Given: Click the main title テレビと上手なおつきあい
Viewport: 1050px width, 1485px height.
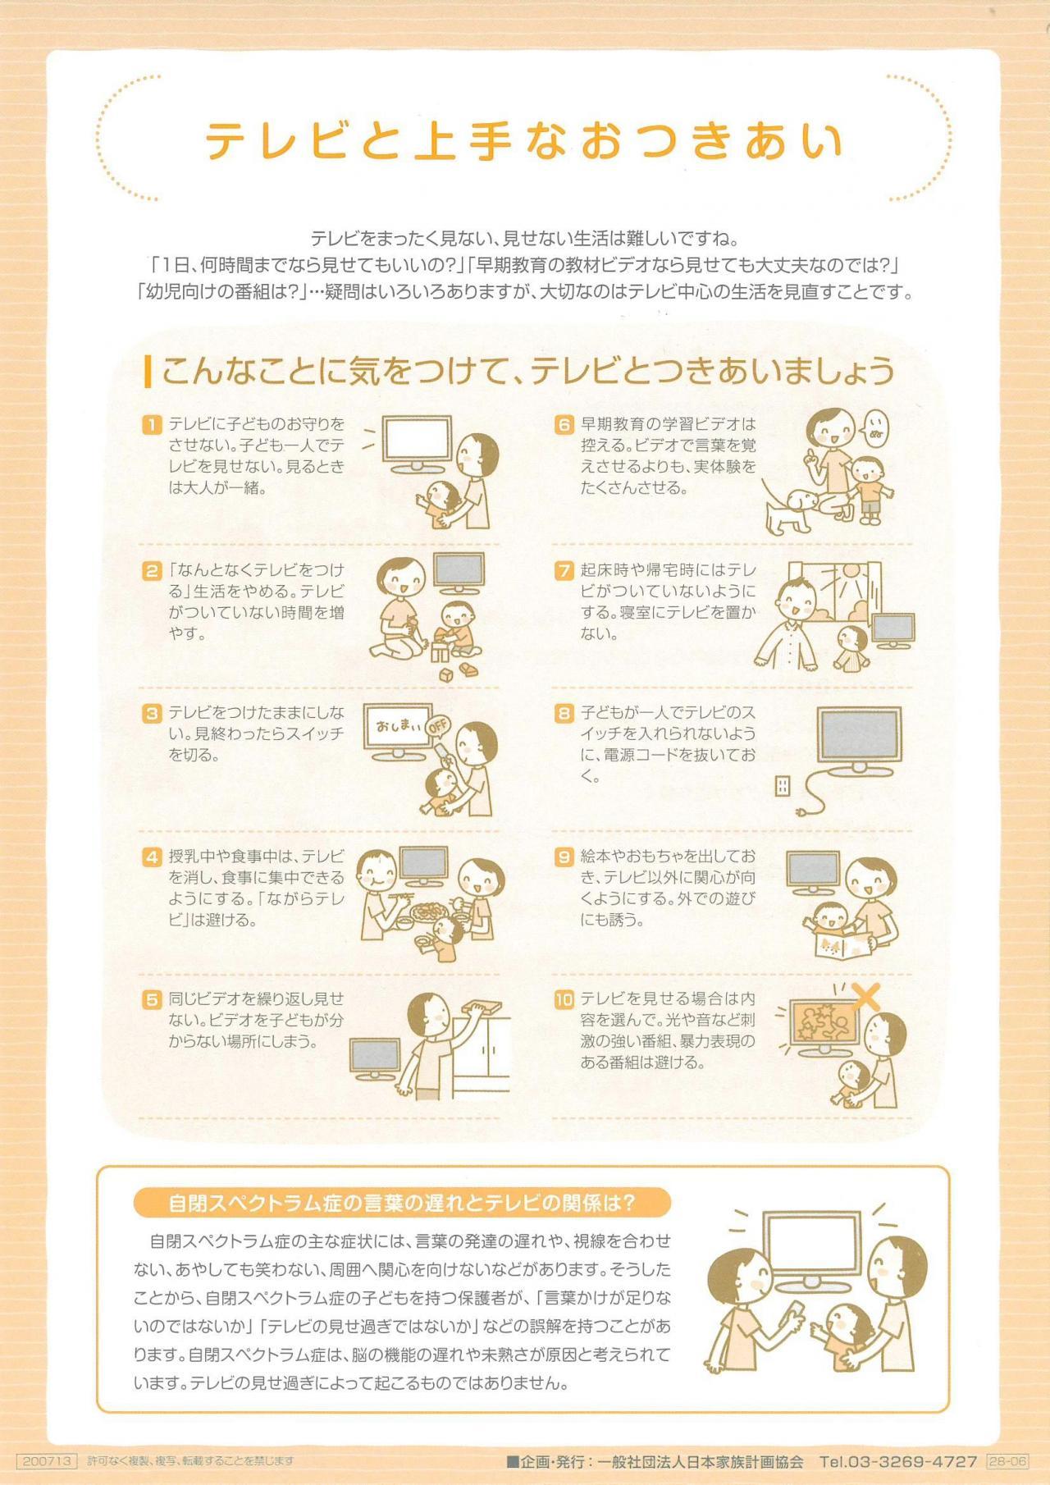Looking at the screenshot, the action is click(x=524, y=140).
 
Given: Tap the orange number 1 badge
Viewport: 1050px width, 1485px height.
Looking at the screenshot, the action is click(x=152, y=424).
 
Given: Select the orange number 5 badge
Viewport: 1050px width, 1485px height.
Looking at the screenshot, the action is click(x=152, y=999).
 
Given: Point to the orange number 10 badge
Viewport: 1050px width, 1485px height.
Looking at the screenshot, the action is click(x=564, y=999).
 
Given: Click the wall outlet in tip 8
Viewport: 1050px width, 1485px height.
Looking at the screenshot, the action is click(x=782, y=788).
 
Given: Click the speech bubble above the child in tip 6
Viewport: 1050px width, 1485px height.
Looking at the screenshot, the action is click(x=874, y=428).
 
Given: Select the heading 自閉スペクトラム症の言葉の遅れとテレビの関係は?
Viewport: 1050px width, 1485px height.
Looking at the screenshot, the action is click(x=402, y=1204).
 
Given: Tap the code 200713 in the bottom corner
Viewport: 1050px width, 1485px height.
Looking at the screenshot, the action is click(x=46, y=1461).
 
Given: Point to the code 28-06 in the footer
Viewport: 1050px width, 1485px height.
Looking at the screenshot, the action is click(x=1007, y=1461).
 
